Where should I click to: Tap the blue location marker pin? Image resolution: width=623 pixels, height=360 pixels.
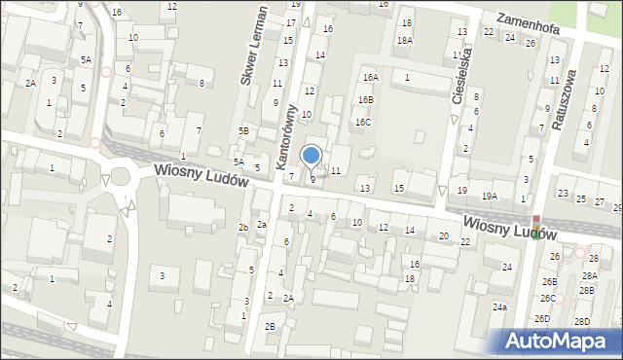[311, 156]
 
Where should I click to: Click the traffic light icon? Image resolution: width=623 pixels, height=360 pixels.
[535, 216]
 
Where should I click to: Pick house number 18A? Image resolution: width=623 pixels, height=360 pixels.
[404, 40]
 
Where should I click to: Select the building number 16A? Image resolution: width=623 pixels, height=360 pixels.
[370, 77]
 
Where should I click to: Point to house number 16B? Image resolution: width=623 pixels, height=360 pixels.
[365, 99]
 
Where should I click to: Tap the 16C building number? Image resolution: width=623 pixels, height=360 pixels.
[362, 123]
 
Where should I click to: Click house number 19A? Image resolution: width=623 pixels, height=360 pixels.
[489, 196]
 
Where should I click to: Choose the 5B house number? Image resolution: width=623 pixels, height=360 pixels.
[244, 130]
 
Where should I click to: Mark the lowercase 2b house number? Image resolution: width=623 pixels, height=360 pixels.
[243, 227]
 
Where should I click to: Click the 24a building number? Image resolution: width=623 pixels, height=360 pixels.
[499, 306]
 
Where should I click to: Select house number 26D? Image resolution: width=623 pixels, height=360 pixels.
[542, 318]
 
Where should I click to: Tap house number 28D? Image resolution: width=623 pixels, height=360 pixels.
[582, 321]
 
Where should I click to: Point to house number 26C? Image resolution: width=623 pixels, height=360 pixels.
[549, 298]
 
